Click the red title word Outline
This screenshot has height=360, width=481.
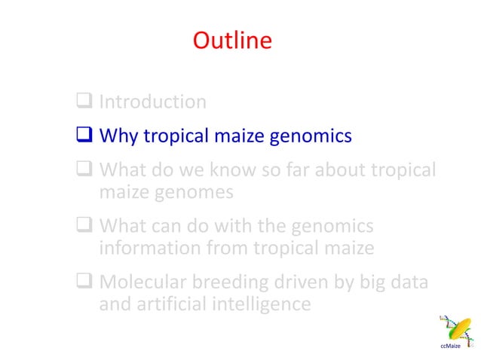(x=232, y=40)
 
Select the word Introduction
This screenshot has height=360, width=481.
(x=153, y=102)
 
